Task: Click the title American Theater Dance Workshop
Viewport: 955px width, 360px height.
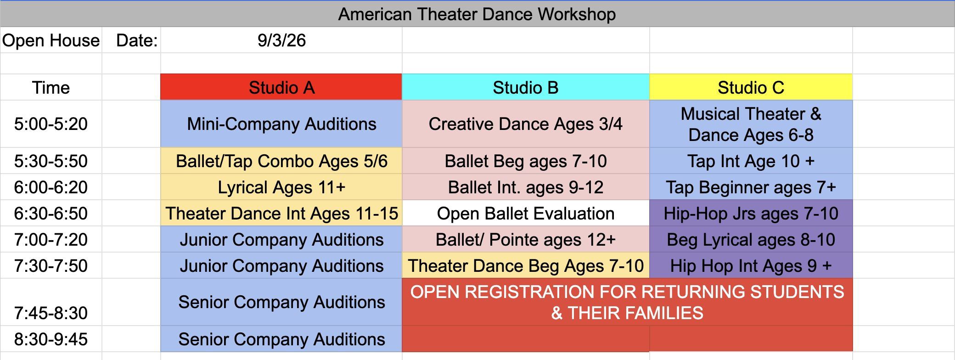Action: [x=477, y=14]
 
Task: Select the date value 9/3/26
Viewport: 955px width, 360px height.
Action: [x=281, y=40]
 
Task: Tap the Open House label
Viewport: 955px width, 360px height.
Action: [x=51, y=40]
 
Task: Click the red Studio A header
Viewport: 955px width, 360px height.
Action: [x=281, y=87]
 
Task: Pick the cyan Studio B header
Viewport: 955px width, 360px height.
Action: [x=526, y=87]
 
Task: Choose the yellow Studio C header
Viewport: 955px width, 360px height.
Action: [x=751, y=87]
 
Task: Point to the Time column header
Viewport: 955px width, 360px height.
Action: [x=51, y=88]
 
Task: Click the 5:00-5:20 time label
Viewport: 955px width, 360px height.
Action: [x=51, y=124]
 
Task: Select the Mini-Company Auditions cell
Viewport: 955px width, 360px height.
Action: [x=281, y=124]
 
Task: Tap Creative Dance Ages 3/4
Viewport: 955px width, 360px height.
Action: [x=526, y=124]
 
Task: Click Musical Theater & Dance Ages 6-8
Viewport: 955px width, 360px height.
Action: [x=751, y=124]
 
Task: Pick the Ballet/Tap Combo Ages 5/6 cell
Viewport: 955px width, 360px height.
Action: [x=281, y=161]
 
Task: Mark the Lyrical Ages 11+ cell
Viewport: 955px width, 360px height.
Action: [x=281, y=187]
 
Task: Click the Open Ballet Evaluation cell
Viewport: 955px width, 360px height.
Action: [x=526, y=214]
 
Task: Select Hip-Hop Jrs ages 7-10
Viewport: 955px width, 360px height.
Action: [x=751, y=214]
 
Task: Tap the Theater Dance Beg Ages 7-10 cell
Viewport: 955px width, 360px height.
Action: [x=526, y=266]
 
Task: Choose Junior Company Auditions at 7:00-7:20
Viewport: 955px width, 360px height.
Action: [x=281, y=240]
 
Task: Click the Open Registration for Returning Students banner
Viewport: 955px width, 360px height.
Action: [x=627, y=302]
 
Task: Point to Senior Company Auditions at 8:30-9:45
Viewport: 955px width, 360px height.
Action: [x=281, y=339]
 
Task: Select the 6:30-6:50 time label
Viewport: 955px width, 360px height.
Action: [x=51, y=214]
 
